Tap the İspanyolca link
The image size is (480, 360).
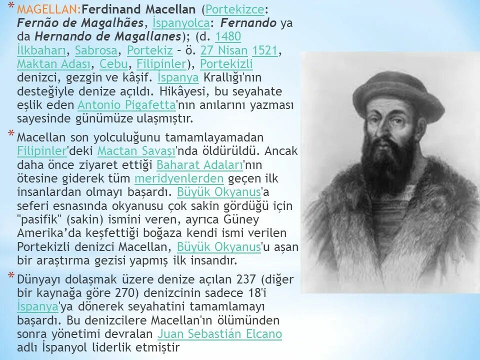[x=180, y=23]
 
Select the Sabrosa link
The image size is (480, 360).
[x=96, y=50]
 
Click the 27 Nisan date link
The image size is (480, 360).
[x=224, y=50]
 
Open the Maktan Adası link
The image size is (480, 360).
[x=54, y=64]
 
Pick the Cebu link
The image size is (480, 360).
[x=113, y=64]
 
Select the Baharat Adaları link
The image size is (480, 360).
[x=199, y=165]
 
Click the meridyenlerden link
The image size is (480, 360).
[x=179, y=178]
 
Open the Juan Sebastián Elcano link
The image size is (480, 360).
[x=219, y=334]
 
